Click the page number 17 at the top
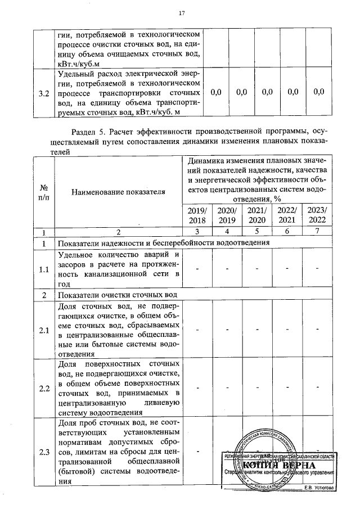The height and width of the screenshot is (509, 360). click(182, 13)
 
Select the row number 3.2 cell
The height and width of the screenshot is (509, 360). click(43, 92)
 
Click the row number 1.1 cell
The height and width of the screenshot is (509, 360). click(43, 269)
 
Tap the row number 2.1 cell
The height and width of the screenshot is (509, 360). click(43, 330)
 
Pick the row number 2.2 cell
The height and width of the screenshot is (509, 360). click(43, 388)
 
